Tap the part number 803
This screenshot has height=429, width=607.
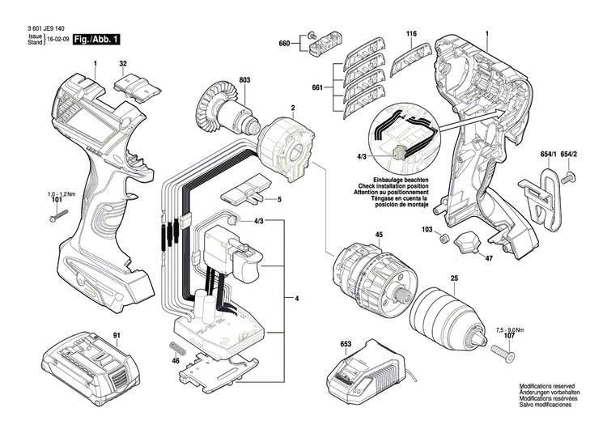[x=245, y=80]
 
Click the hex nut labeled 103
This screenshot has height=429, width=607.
[x=444, y=238]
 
